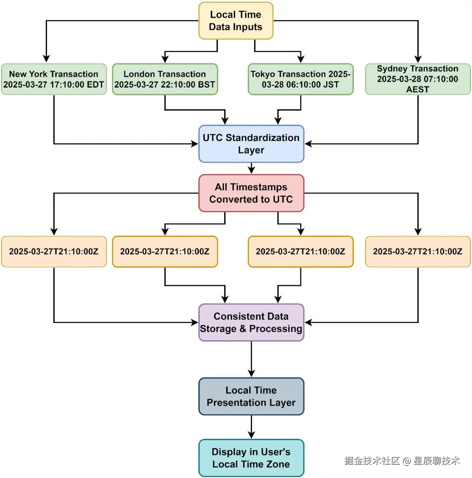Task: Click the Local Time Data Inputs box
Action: pos(236,20)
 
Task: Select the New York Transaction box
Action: pos(54,79)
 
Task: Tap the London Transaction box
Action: pos(165,79)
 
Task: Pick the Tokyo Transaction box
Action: pos(301,79)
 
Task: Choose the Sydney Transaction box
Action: pos(418,79)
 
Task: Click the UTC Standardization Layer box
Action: pos(251,144)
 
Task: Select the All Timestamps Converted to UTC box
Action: pos(251,193)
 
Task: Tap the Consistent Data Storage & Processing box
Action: pos(251,323)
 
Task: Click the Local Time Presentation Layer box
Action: pos(251,397)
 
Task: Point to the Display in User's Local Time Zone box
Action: pos(251,458)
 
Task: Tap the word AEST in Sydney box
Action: pos(418,89)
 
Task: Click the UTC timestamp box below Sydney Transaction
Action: pos(418,251)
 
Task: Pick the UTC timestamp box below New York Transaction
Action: pos(54,251)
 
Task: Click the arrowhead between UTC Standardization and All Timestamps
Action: pos(251,170)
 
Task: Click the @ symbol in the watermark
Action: pos(407,461)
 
